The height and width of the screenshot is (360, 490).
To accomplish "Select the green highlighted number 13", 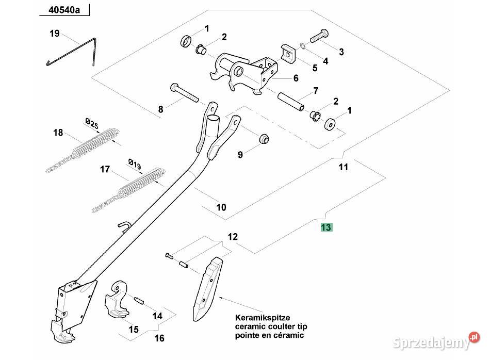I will pos(326,227).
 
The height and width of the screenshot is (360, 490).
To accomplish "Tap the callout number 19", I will pos(55,34).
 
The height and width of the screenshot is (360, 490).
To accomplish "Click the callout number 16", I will pos(159,338).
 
